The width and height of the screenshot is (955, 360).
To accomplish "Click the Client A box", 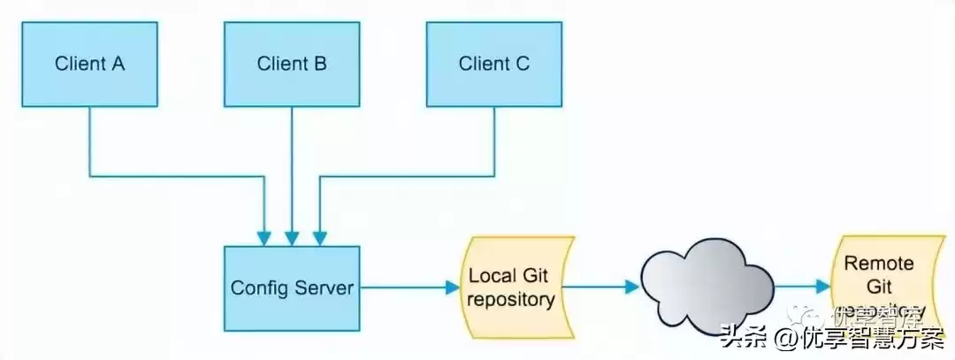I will pos(89,64).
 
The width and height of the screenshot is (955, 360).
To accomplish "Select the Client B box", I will pos(292,64).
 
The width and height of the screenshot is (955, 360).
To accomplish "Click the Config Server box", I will pos(292,288).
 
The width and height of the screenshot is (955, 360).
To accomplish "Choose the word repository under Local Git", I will pos(511,299).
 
